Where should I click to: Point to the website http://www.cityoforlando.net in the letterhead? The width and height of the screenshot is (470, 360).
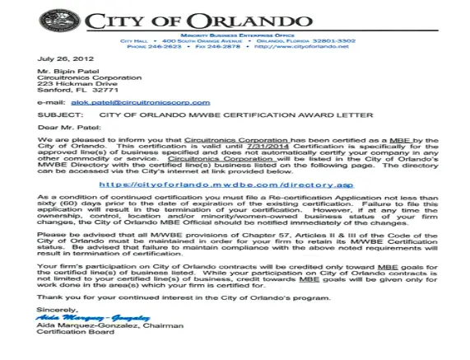[x=300, y=46]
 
